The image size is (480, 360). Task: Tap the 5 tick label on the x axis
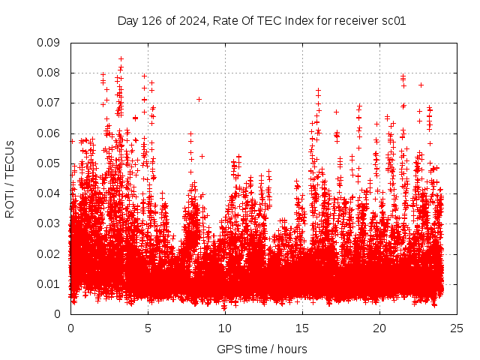pos(148,328)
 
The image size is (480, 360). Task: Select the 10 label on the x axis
pos(225,328)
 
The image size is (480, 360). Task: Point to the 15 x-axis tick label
pos(302,328)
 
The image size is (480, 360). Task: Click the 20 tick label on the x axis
pos(379,328)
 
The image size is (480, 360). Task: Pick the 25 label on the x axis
pos(457,328)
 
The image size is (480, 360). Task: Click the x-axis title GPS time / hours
pos(262,349)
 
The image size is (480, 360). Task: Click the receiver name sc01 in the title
pos(394,21)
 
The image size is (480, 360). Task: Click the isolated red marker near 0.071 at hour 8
pos(199,99)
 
